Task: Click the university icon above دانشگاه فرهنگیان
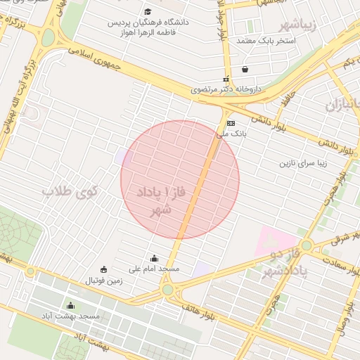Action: coord(148,12)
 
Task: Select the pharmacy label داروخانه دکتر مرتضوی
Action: coord(226,90)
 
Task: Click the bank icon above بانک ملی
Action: coord(231,122)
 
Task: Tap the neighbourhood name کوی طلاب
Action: coord(70,191)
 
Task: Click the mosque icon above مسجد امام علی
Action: coord(155,259)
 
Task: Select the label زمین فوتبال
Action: coord(103,281)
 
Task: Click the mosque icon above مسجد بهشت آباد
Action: coord(70,306)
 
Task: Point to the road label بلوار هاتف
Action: coord(198,307)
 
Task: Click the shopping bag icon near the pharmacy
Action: coord(245,70)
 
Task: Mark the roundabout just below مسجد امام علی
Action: coord(167,290)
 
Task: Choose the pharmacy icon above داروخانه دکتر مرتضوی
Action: coord(226,80)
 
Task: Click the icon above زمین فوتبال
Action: coord(103,269)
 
